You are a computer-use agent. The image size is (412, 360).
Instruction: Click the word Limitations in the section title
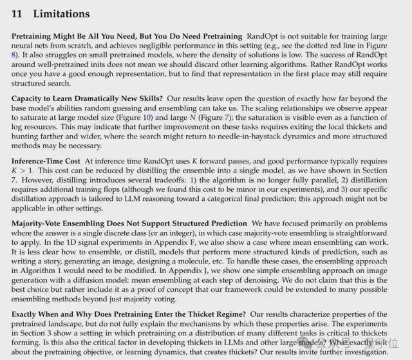(x=61, y=14)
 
